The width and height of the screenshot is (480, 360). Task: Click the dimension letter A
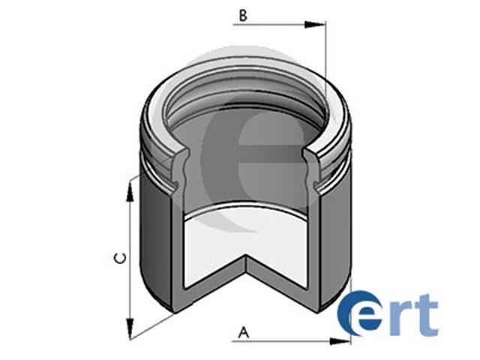coord(244,332)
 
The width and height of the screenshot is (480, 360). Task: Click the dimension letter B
coord(243,16)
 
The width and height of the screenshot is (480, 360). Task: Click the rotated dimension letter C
coord(120,258)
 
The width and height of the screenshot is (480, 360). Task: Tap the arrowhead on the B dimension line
coord(314,25)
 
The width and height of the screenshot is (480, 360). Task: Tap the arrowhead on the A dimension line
coord(340,341)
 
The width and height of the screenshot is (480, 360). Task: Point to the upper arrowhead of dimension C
coord(130,190)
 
